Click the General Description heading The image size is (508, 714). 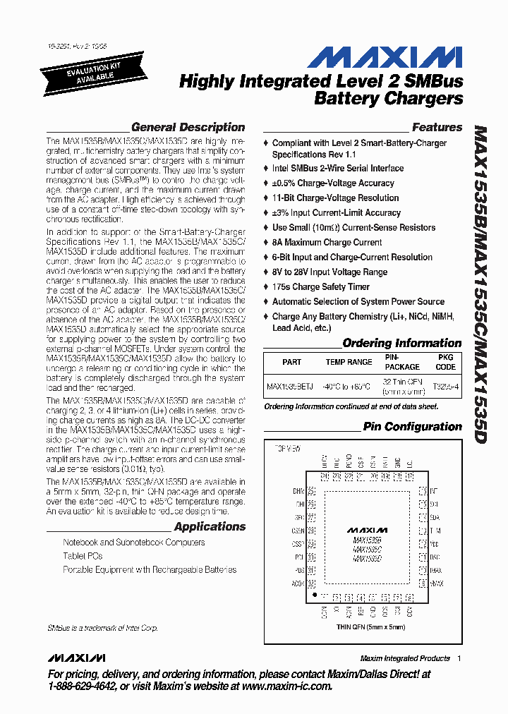coord(188,128)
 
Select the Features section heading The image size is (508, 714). coord(437,128)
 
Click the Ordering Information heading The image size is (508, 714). coord(401,344)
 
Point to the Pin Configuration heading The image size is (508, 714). coord(412,427)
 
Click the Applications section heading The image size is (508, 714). coord(210,526)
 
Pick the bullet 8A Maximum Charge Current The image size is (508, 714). coord(327,242)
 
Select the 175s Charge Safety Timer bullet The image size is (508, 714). coord(320,286)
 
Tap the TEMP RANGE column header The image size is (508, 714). coord(349,362)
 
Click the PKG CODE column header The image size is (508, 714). coord(445,362)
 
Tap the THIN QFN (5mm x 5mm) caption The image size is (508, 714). coord(370,627)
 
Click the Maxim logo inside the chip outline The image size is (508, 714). coord(366,529)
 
